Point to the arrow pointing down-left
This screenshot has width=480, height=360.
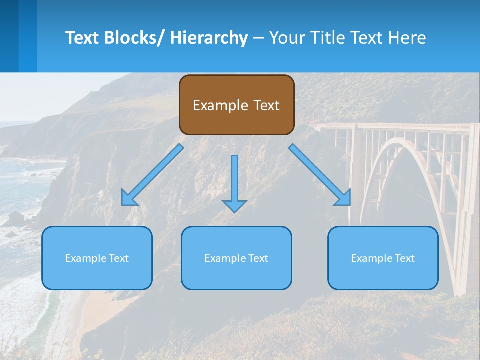point(152,175)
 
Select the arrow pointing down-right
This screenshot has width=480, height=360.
point(320,175)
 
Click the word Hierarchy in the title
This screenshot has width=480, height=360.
point(209,38)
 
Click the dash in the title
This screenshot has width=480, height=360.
point(258,38)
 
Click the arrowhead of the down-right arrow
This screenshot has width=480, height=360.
point(343,198)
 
